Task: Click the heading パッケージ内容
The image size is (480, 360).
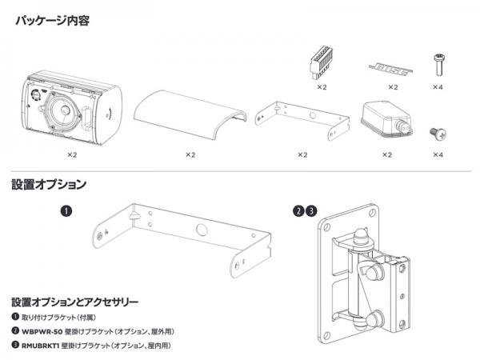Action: point(52,21)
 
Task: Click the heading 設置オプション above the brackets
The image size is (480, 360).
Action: point(49,185)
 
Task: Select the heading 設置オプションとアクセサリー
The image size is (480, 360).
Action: point(75,302)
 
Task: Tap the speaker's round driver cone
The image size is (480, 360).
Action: point(64,110)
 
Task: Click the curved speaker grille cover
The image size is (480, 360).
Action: point(190,114)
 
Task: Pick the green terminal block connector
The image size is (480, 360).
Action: point(321,62)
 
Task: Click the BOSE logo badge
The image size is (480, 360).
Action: point(391,70)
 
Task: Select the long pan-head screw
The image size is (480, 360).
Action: point(439,64)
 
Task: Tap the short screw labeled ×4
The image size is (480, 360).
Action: point(438,133)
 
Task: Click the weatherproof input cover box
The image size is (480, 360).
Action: point(387,119)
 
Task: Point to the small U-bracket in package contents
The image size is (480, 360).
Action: point(302,120)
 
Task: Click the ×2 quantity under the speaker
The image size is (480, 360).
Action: point(72,155)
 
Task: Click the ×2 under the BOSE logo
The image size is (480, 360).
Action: point(393,87)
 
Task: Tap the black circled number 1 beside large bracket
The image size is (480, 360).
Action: point(66,211)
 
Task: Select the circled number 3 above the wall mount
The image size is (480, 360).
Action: point(312,211)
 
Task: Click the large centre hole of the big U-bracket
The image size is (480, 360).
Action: point(202,229)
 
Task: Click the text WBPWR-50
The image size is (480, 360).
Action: point(42,331)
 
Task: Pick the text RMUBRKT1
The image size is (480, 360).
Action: point(40,346)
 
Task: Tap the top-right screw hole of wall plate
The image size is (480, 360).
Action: point(372,212)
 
